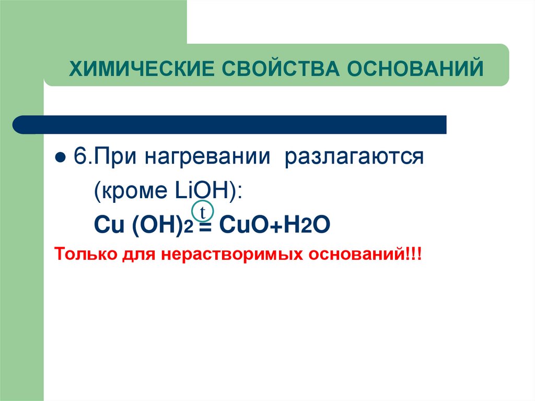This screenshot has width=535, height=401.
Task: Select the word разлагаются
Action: point(353,157)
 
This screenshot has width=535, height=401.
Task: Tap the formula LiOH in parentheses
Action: point(206,190)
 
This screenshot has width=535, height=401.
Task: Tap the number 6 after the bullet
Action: point(78,157)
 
